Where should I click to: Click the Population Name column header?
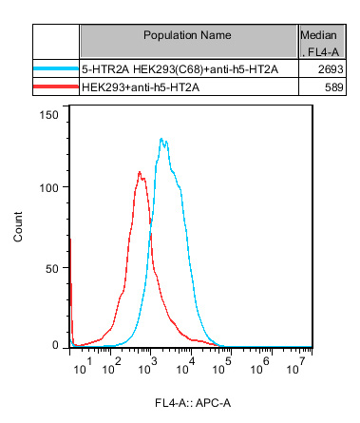pos(187,35)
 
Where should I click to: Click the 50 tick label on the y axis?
pos(52,269)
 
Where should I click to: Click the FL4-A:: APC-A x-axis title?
pos(193,403)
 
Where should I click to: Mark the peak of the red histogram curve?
pos(140,172)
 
